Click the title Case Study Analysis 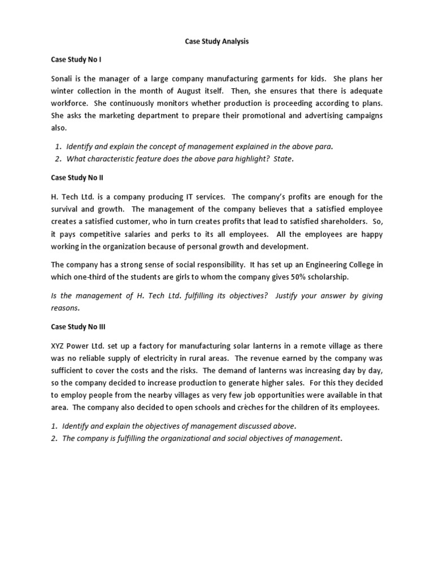pyautogui.click(x=217, y=41)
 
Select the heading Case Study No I pyautogui.click(x=76, y=59)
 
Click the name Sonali pyautogui.click(x=63, y=78)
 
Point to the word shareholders pyautogui.click(x=349, y=222)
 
